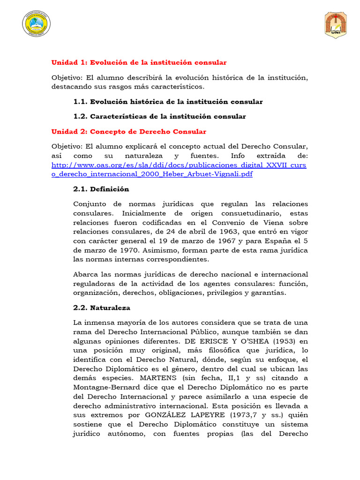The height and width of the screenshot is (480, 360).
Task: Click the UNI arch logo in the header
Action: pyautogui.click(x=336, y=25)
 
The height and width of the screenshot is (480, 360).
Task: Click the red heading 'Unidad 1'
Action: pyautogui.click(x=139, y=62)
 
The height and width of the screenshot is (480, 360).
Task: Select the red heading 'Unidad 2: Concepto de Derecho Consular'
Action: pyautogui.click(x=128, y=132)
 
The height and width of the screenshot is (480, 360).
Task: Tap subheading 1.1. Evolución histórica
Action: pyautogui.click(x=168, y=102)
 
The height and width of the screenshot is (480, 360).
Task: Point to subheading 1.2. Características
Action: pyautogui.click(x=159, y=116)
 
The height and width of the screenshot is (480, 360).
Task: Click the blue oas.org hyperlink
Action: pyautogui.click(x=179, y=170)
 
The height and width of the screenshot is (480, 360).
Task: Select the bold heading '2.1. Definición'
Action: pyautogui.click(x=101, y=189)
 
